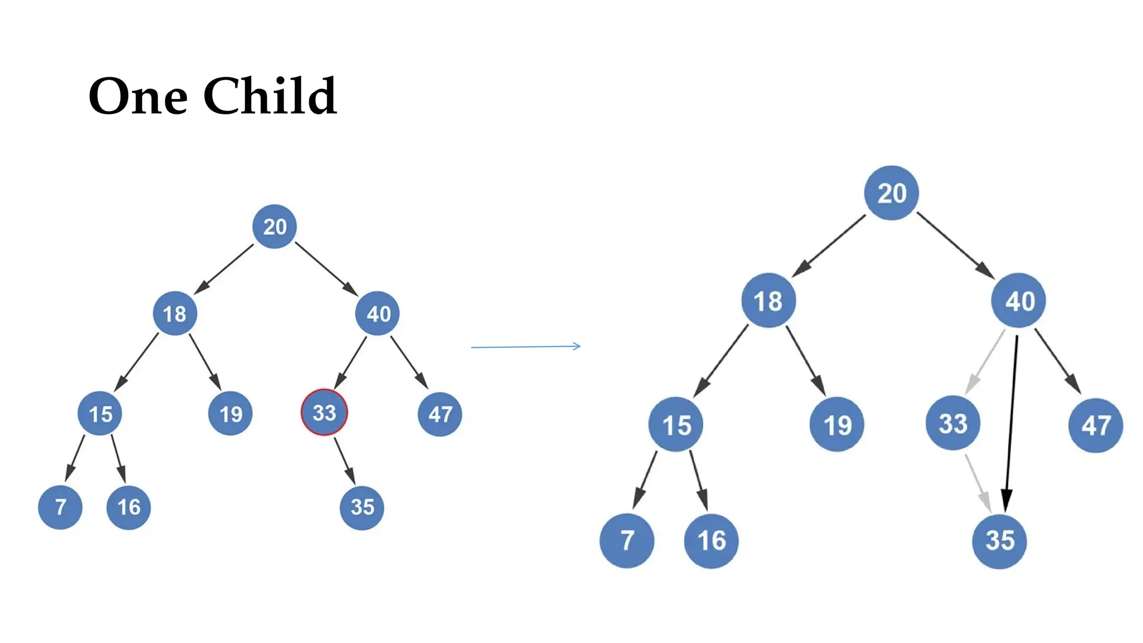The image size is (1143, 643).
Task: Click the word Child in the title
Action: tap(270, 96)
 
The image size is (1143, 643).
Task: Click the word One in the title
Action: tap(138, 97)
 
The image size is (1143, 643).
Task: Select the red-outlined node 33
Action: tap(324, 412)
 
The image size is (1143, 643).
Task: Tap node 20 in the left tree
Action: tap(274, 226)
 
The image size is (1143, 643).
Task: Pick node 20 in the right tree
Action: tap(891, 193)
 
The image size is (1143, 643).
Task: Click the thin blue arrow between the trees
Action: tap(525, 347)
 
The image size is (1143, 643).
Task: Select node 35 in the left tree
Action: tap(362, 507)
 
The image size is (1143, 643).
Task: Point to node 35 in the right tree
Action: tap(999, 540)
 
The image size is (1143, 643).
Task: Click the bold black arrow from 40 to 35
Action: tap(1011, 419)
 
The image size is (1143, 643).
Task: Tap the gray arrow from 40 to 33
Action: tap(986, 361)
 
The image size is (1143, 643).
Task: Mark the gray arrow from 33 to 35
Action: tap(977, 481)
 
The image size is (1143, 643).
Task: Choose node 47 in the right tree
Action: tap(1096, 425)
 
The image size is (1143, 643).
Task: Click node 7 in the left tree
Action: tap(60, 507)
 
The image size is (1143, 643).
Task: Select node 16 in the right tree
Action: tap(711, 540)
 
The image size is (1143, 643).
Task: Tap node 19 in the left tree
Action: tap(230, 414)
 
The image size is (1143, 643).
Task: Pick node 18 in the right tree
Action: tap(769, 301)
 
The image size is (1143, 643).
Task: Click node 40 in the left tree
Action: tap(378, 313)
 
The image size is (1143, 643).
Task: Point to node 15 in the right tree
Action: tap(676, 425)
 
